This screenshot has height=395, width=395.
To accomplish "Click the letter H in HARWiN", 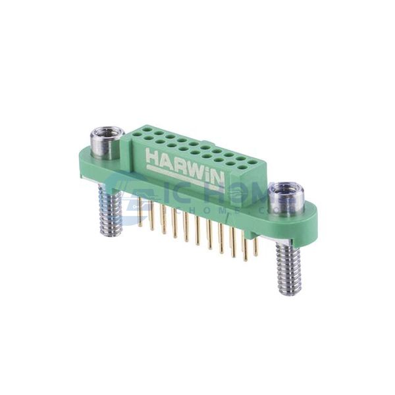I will (x=151, y=158).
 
